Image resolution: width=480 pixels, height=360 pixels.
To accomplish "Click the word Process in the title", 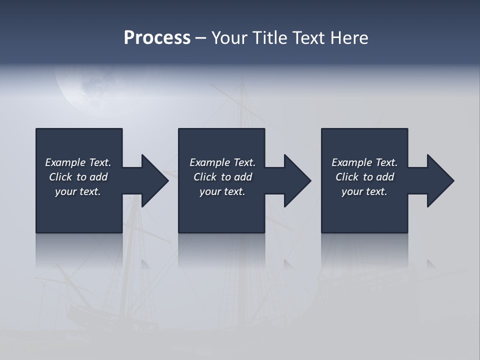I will tap(157, 38).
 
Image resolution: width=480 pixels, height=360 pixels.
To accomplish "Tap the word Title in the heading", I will tap(268, 38).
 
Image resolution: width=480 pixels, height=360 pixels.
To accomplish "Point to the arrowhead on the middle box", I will tap(296, 180).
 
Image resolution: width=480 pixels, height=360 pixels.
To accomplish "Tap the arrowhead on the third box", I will tap(439, 180).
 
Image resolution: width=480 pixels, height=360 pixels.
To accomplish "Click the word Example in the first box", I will tap(65, 162).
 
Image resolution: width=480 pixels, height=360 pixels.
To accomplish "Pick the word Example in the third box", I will tap(352, 162).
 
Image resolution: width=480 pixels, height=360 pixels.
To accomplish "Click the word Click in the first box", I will tap(60, 177).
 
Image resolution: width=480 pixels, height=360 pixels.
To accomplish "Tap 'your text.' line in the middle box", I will tap(222, 191).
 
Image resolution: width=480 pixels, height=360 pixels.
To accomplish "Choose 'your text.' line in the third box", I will tap(364, 191).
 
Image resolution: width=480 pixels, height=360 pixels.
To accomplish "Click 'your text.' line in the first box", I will tap(77, 191).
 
